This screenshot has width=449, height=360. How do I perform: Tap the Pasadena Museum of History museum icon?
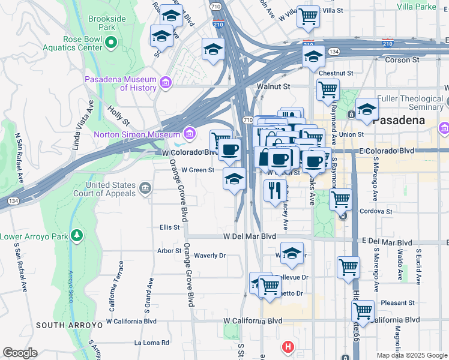pos(166,82)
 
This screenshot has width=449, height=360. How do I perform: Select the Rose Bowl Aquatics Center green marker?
pos(111,42)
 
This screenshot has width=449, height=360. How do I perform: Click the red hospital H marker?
pos(289,347)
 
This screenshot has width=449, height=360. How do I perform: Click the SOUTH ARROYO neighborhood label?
pos(63,325)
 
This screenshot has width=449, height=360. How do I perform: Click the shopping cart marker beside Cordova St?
pos(341,198)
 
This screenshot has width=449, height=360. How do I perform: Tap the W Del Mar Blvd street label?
pos(249,236)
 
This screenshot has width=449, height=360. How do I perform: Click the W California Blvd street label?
pos(254,321)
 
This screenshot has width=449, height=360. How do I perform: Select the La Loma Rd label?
pos(152,343)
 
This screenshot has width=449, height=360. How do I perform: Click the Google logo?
pos(20,353)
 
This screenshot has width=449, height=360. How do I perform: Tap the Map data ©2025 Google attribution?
pos(411,355)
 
